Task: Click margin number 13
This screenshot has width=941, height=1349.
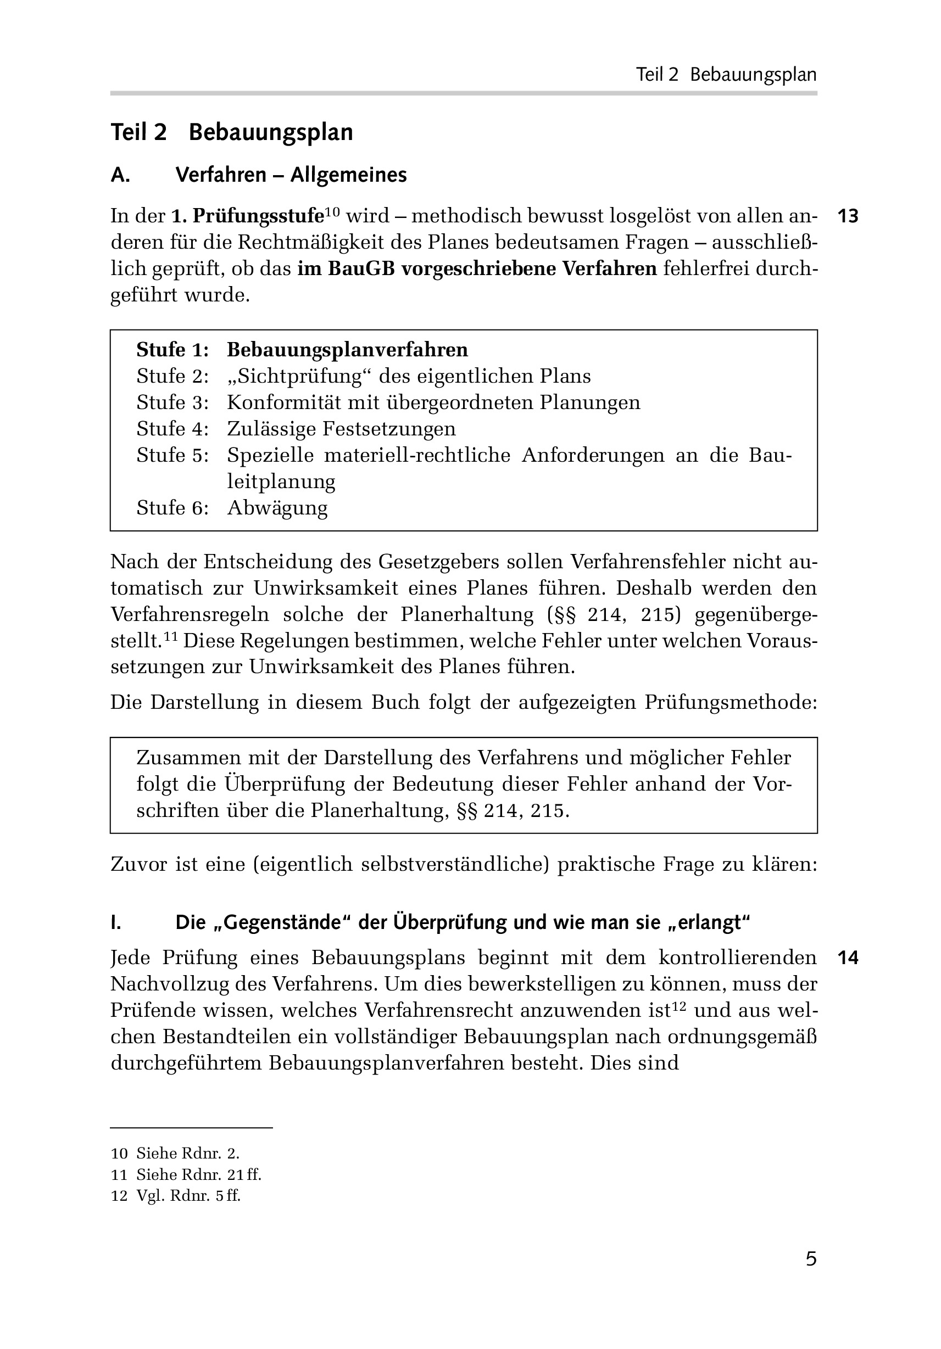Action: pyautogui.click(x=848, y=216)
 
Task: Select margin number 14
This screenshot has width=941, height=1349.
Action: pyautogui.click(x=848, y=958)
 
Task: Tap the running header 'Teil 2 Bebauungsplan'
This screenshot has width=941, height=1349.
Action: pyautogui.click(x=726, y=75)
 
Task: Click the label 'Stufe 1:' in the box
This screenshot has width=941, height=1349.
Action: pyautogui.click(x=172, y=350)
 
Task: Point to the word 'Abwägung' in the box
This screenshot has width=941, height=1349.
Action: pyautogui.click(x=277, y=508)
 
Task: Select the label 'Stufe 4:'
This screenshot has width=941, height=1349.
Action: pyautogui.click(x=172, y=429)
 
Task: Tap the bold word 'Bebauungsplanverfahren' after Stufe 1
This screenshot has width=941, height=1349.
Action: pyautogui.click(x=347, y=350)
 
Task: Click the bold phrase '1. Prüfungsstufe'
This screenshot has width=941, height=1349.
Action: pyautogui.click(x=247, y=216)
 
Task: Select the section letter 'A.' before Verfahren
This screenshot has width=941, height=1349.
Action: pyautogui.click(x=120, y=175)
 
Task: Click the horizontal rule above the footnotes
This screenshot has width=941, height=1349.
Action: pyautogui.click(x=191, y=1128)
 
